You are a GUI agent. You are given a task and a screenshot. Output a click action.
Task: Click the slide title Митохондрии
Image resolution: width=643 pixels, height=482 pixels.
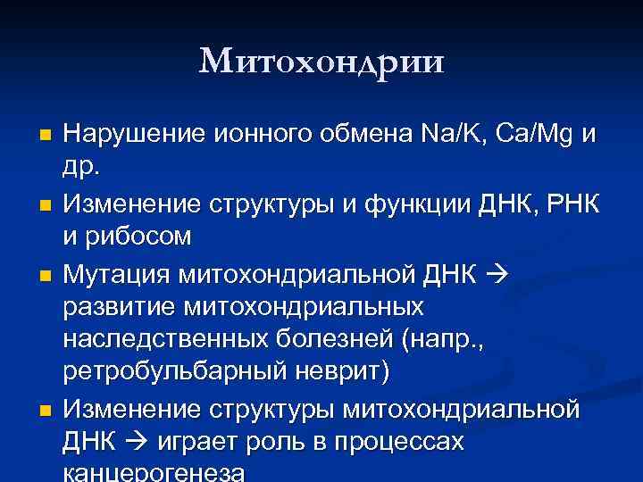point(321,62)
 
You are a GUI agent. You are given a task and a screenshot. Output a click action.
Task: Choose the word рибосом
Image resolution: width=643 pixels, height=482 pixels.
point(140,237)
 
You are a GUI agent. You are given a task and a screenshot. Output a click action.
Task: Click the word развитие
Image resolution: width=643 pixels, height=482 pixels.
point(120,306)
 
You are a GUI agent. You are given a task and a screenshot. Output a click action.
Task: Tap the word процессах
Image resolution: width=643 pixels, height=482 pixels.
point(410,443)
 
